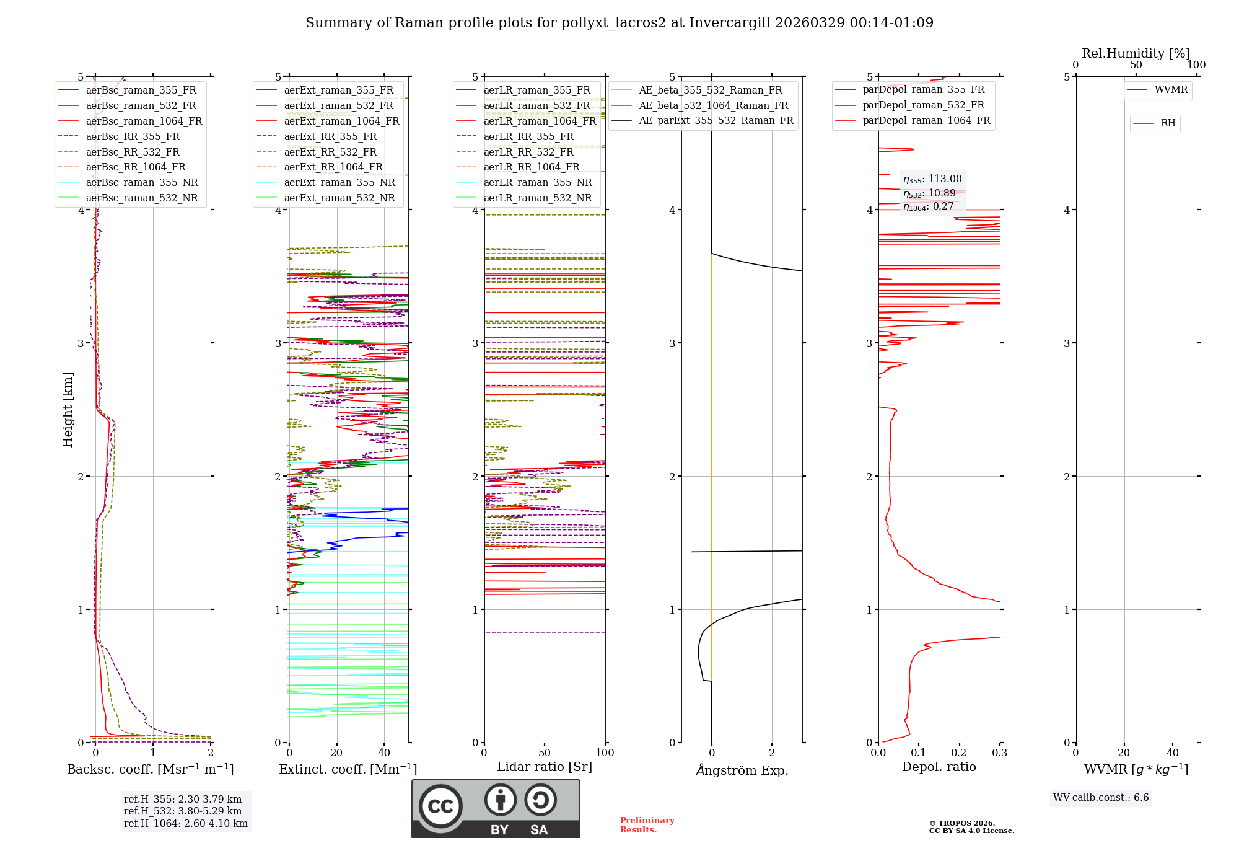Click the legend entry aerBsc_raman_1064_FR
pyautogui.click(x=144, y=121)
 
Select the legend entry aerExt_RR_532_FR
pyautogui.click(x=330, y=152)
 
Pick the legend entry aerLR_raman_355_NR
pyautogui.click(x=538, y=182)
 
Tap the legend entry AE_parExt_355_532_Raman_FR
pyautogui.click(x=716, y=120)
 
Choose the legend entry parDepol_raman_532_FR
pyautogui.click(x=923, y=105)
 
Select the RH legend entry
pyautogui.click(x=1168, y=123)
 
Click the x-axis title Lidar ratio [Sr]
pyautogui.click(x=545, y=767)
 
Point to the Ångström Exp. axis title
pyautogui.click(x=742, y=770)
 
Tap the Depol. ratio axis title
pyautogui.click(x=939, y=767)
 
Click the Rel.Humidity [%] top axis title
pyautogui.click(x=1136, y=53)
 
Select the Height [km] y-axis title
pyautogui.click(x=68, y=409)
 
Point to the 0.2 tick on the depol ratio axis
pyautogui.click(x=959, y=753)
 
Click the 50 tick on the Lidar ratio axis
pyautogui.click(x=545, y=753)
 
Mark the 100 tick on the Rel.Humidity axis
pyautogui.click(x=1196, y=65)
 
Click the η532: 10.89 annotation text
pyautogui.click(x=929, y=193)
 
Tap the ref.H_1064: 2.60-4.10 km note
pyautogui.click(x=186, y=823)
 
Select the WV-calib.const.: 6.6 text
pyautogui.click(x=1101, y=797)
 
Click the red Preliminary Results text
pyautogui.click(x=647, y=824)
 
